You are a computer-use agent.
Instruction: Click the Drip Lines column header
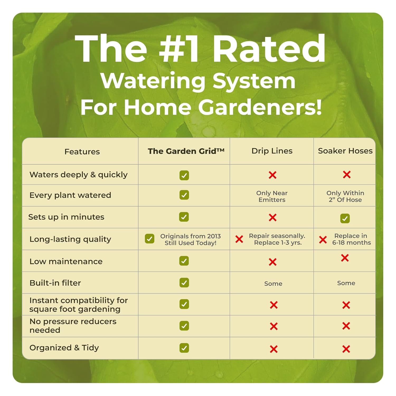272,151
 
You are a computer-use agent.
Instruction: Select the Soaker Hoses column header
345,151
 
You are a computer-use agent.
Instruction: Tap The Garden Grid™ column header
186,151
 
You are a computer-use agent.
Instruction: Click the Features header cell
82,152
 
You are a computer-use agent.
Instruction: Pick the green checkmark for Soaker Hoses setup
345,218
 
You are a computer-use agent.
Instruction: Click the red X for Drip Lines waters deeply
272,175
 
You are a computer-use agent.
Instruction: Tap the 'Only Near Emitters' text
272,196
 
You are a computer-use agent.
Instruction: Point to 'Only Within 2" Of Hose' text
345,196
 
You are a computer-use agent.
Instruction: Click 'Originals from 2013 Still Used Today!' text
190,239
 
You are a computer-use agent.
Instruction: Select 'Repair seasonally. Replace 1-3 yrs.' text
277,239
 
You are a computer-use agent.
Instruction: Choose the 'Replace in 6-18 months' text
351,239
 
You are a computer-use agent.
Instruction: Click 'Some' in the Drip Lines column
273,284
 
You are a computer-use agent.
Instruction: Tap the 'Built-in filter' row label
55,283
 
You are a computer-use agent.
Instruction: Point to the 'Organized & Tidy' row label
64,348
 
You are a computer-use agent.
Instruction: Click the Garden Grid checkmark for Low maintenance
184,261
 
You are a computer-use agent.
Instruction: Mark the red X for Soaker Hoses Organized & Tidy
346,349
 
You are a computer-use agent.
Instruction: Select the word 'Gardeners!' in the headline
260,107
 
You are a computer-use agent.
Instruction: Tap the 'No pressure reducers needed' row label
73,326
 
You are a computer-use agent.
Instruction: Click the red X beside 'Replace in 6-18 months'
323,240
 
